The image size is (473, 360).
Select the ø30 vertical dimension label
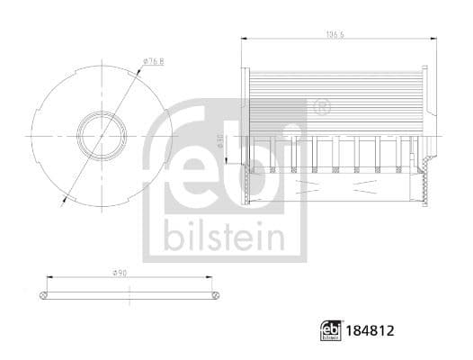click(x=221, y=142)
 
